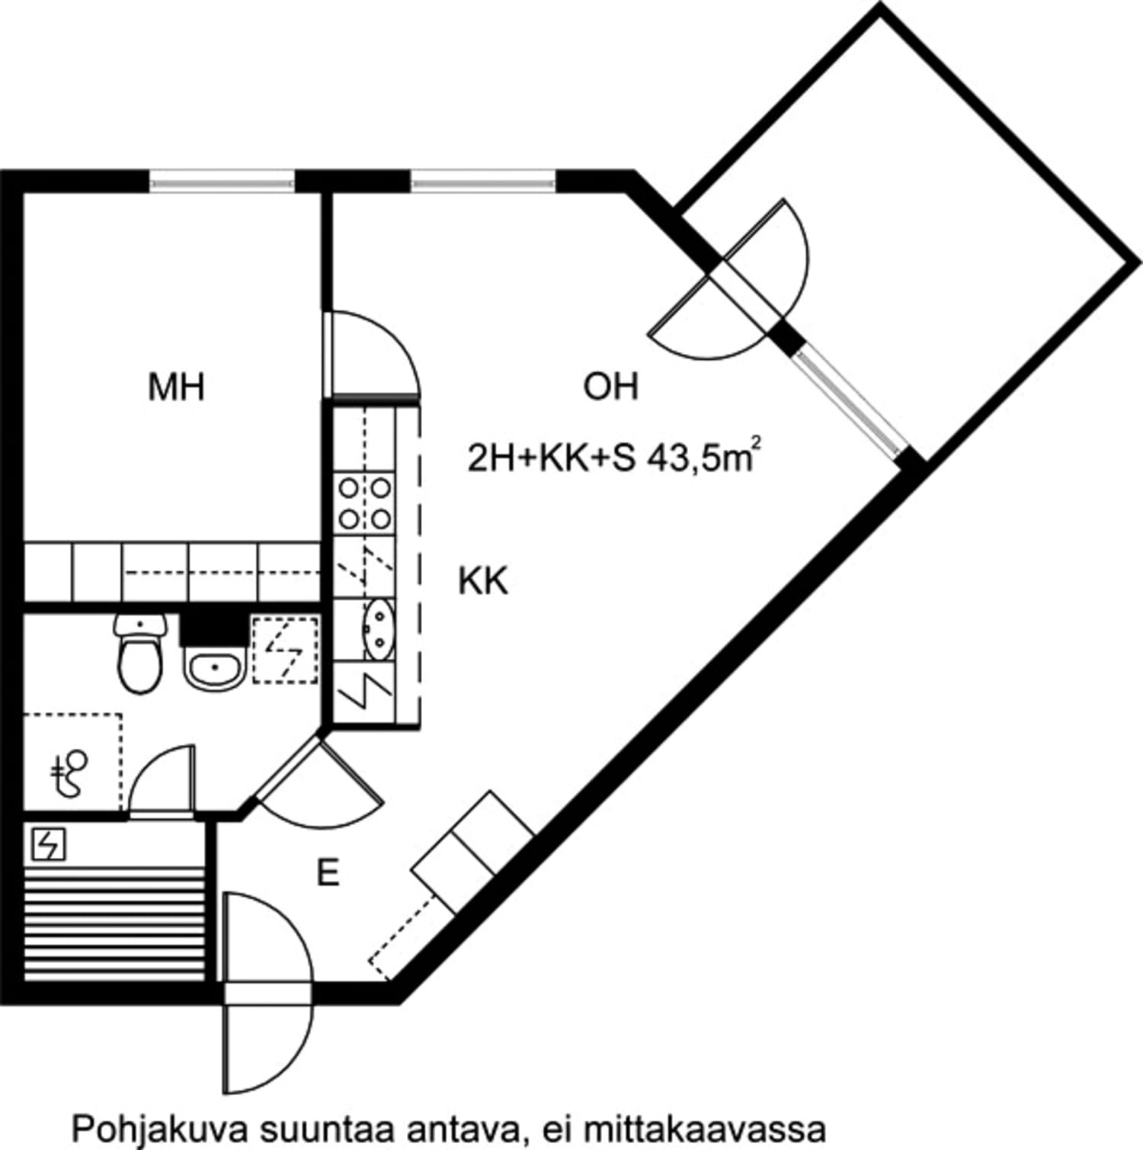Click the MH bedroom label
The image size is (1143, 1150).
pyautogui.click(x=176, y=387)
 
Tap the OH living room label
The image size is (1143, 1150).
pyautogui.click(x=610, y=387)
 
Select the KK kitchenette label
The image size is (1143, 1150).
pyautogui.click(x=483, y=581)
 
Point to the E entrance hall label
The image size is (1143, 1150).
pyautogui.click(x=328, y=873)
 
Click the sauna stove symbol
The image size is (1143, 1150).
pyautogui.click(x=49, y=845)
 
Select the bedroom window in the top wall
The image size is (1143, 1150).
pyautogui.click(x=222, y=181)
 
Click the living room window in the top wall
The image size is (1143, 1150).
pyautogui.click(x=482, y=181)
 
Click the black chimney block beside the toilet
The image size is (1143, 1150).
pyautogui.click(x=210, y=628)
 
